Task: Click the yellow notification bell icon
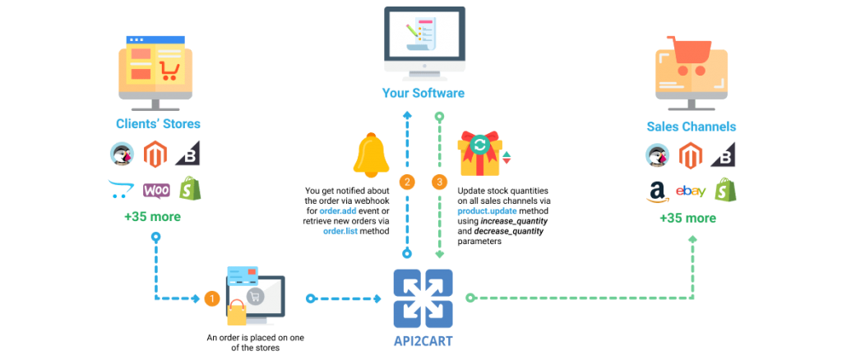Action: coord(371,155)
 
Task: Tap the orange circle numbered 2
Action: coord(406,181)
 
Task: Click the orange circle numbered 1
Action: coord(212,298)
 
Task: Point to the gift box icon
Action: coord(479,154)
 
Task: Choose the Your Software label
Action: coord(423,93)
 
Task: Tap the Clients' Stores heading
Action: coord(159,124)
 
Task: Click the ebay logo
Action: coord(690,191)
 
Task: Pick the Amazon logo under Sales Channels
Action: coord(657,192)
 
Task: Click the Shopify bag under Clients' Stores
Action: coord(190,189)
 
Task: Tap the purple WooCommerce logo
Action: coord(156,190)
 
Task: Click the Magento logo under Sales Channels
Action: coord(691,155)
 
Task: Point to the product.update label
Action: coord(487,211)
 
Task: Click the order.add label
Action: coord(338,211)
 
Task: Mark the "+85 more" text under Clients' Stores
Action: coord(152,217)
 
